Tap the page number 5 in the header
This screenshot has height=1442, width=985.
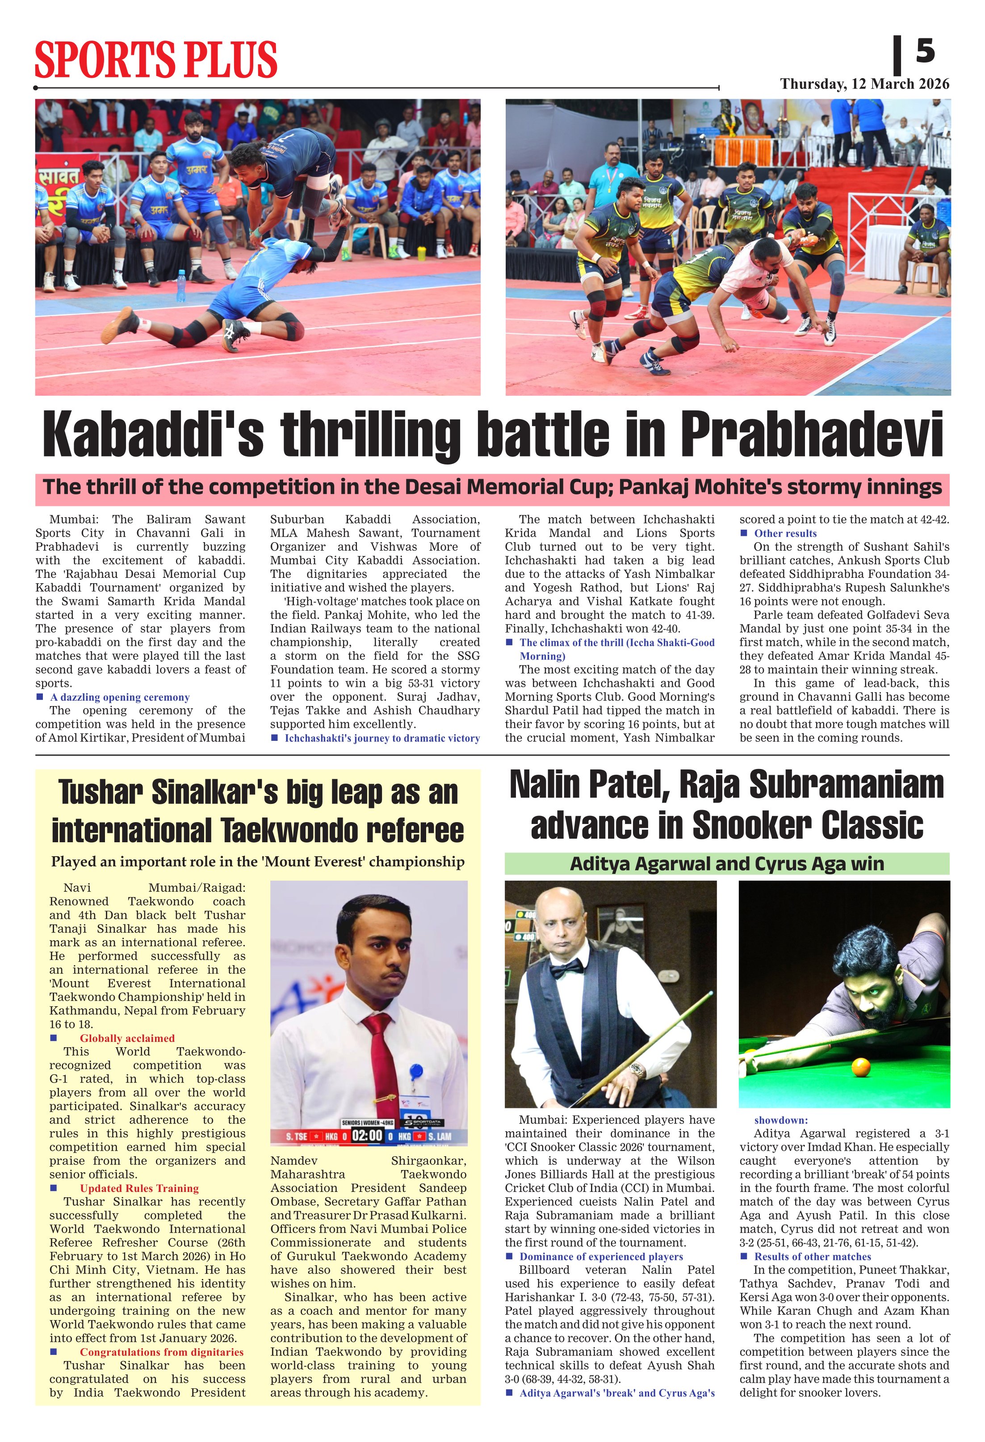click(925, 51)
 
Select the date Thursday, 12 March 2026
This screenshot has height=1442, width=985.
click(864, 84)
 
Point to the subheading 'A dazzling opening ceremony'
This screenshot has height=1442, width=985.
click(120, 698)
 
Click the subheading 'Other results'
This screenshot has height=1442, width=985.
click(785, 534)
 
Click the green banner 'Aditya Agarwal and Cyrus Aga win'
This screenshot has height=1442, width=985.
click(727, 864)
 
